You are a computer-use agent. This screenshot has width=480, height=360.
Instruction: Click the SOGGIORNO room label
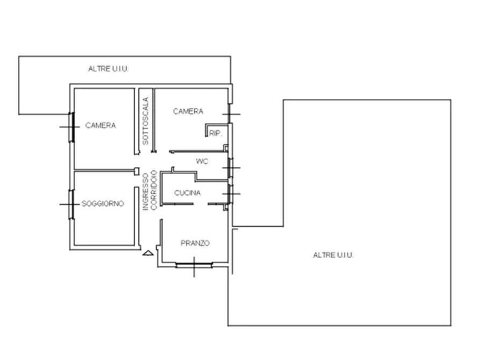[x=103, y=204]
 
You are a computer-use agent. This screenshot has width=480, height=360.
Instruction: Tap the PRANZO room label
[x=195, y=243]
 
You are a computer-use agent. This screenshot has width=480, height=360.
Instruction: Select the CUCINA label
[x=188, y=193]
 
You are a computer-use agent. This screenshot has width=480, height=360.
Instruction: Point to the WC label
[x=202, y=161]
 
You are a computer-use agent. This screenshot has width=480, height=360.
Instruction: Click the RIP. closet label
[x=216, y=133]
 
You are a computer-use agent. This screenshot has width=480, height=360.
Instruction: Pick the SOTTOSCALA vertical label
[x=146, y=121]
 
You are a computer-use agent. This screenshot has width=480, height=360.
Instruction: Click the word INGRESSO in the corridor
[x=146, y=192]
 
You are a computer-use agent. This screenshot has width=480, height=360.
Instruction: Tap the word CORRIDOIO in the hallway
[x=154, y=190]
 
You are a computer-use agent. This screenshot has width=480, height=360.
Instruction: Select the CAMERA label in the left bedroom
[x=101, y=125]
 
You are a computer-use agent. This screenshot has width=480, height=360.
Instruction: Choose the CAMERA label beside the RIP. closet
[x=188, y=111]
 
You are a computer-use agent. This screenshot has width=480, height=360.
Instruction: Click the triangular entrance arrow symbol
[x=148, y=253]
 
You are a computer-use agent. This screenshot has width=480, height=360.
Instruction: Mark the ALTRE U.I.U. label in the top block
[x=109, y=69]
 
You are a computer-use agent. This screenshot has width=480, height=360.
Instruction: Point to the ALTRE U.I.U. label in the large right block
[x=333, y=255]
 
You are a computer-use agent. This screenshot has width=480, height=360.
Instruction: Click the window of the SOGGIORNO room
[x=71, y=204]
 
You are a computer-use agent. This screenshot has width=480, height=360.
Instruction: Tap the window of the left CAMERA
[x=71, y=127]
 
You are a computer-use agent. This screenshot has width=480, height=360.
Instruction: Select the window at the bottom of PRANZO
[x=194, y=265]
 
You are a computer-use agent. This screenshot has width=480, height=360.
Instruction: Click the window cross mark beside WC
[x=231, y=168]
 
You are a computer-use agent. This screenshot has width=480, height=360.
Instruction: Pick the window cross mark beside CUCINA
[x=231, y=194]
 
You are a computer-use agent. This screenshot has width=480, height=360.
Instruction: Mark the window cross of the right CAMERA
[x=231, y=114]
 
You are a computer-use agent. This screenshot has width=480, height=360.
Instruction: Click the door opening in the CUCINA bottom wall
[x=200, y=204]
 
